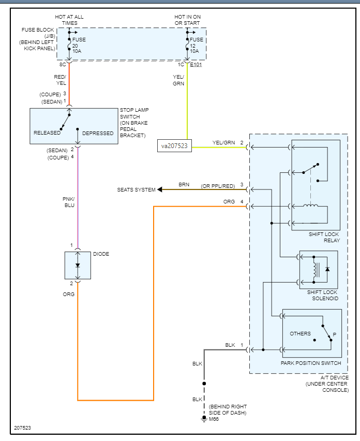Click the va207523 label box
(175, 146)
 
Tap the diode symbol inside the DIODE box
(78, 266)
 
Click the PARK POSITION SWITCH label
(310, 363)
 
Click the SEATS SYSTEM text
(136, 190)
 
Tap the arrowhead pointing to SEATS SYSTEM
(160, 189)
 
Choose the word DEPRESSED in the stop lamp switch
(98, 133)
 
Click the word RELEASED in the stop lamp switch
(47, 133)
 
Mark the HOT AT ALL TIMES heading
(69, 20)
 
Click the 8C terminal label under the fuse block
(62, 65)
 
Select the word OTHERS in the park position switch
(301, 333)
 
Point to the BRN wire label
(184, 185)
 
